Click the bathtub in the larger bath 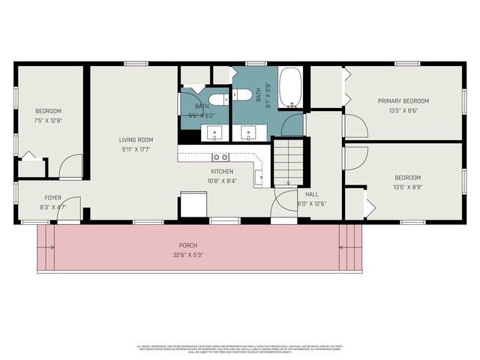(290, 88)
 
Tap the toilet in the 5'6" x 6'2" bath (218, 99)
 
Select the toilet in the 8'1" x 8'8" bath (242, 94)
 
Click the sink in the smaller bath (215, 133)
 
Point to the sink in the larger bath (247, 133)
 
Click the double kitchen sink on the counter (220, 157)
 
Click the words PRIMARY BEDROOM (403, 101)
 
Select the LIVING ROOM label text (136, 139)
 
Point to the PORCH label (187, 245)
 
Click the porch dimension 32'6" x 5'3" (187, 254)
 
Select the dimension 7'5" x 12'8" (48, 120)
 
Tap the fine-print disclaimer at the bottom (239, 349)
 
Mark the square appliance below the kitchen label (193, 205)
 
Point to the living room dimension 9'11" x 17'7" (136, 148)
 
